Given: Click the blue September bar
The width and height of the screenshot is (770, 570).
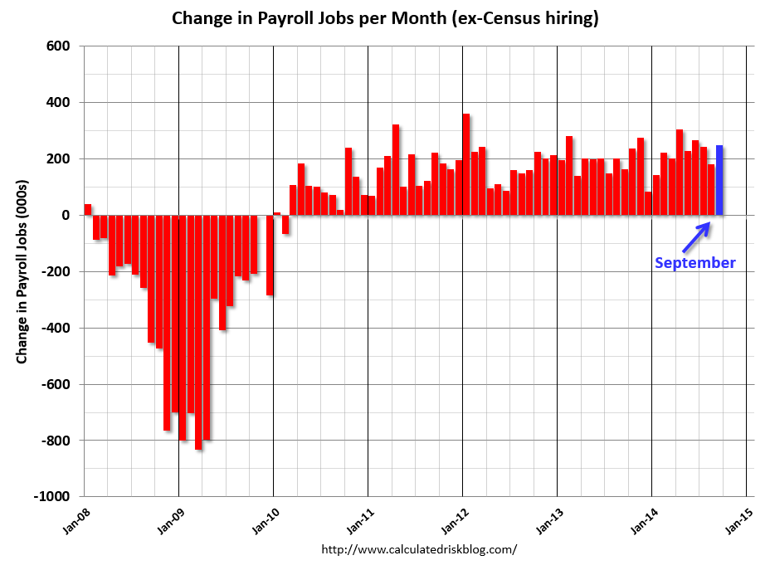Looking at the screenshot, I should point(719,180).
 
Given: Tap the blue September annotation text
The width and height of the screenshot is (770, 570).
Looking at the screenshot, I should point(694,263).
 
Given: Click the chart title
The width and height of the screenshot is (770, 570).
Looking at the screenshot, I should point(385,18).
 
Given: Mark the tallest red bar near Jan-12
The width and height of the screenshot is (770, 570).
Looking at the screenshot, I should point(466,164).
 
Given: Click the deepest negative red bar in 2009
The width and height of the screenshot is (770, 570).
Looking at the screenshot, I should point(198,332).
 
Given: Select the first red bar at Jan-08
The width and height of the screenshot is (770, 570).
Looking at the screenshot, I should point(88,209).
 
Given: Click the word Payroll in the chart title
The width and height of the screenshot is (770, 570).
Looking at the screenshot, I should point(297,18).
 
